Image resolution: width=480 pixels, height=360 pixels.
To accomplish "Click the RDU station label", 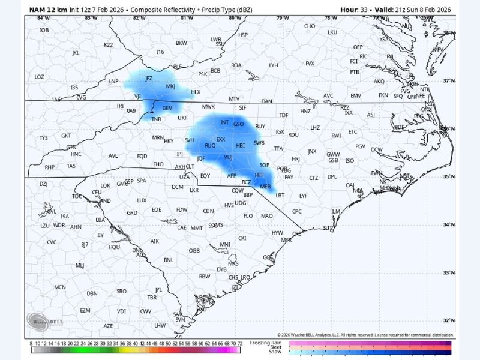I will click(x=293, y=135).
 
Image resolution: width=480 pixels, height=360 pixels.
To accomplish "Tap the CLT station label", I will click(x=190, y=167).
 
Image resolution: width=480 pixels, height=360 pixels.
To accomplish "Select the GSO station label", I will click(x=238, y=124).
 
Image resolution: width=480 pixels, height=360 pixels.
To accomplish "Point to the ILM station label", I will click(x=336, y=211).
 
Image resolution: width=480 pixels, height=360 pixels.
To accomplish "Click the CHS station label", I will click(x=233, y=277).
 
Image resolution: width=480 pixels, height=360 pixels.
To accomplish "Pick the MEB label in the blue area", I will click(x=265, y=187).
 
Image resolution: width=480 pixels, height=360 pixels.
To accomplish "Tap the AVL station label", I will click(x=113, y=155).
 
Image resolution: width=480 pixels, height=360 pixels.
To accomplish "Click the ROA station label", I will click(x=236, y=65).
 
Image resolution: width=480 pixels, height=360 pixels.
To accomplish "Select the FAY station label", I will click(x=289, y=177).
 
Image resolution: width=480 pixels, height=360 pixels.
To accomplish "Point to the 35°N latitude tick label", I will click(x=449, y=177).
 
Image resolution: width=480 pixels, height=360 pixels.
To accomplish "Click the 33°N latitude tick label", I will click(x=449, y=273).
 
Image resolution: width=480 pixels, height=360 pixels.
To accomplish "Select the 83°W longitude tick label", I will click(x=91, y=18).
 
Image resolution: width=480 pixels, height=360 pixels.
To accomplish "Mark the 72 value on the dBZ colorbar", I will click(x=240, y=344).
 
